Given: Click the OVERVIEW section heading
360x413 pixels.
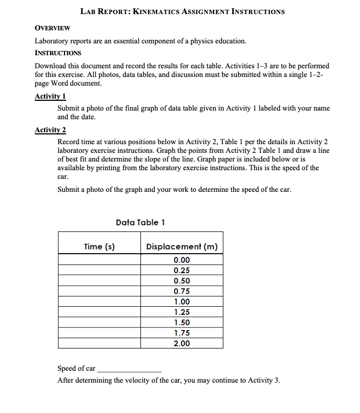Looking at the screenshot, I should (52, 28).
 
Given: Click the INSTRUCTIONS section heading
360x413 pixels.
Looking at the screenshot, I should (58, 53).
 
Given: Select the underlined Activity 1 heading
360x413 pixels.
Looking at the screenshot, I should (50, 96).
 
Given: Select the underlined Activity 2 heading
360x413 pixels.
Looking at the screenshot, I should (50, 130).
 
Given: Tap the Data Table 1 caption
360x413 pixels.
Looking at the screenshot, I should (140, 222).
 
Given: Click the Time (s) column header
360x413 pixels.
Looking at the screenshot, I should (99, 247).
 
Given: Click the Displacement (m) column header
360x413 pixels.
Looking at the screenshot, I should (182, 247).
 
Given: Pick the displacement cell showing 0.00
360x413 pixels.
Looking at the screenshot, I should (182, 260).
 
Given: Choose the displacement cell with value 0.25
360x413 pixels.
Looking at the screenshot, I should (182, 270).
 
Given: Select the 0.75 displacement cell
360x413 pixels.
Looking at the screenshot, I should (182, 291).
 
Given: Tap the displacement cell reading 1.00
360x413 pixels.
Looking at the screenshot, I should (182, 302).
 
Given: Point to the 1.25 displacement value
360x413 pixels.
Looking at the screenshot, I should (182, 312).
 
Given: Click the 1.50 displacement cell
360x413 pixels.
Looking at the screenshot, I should (182, 322).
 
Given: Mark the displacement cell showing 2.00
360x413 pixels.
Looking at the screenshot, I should (182, 344).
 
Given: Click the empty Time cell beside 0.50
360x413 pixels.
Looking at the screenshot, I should (99, 281).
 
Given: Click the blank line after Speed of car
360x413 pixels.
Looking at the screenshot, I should (129, 369).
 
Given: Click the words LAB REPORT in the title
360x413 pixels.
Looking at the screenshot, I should (104, 11).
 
